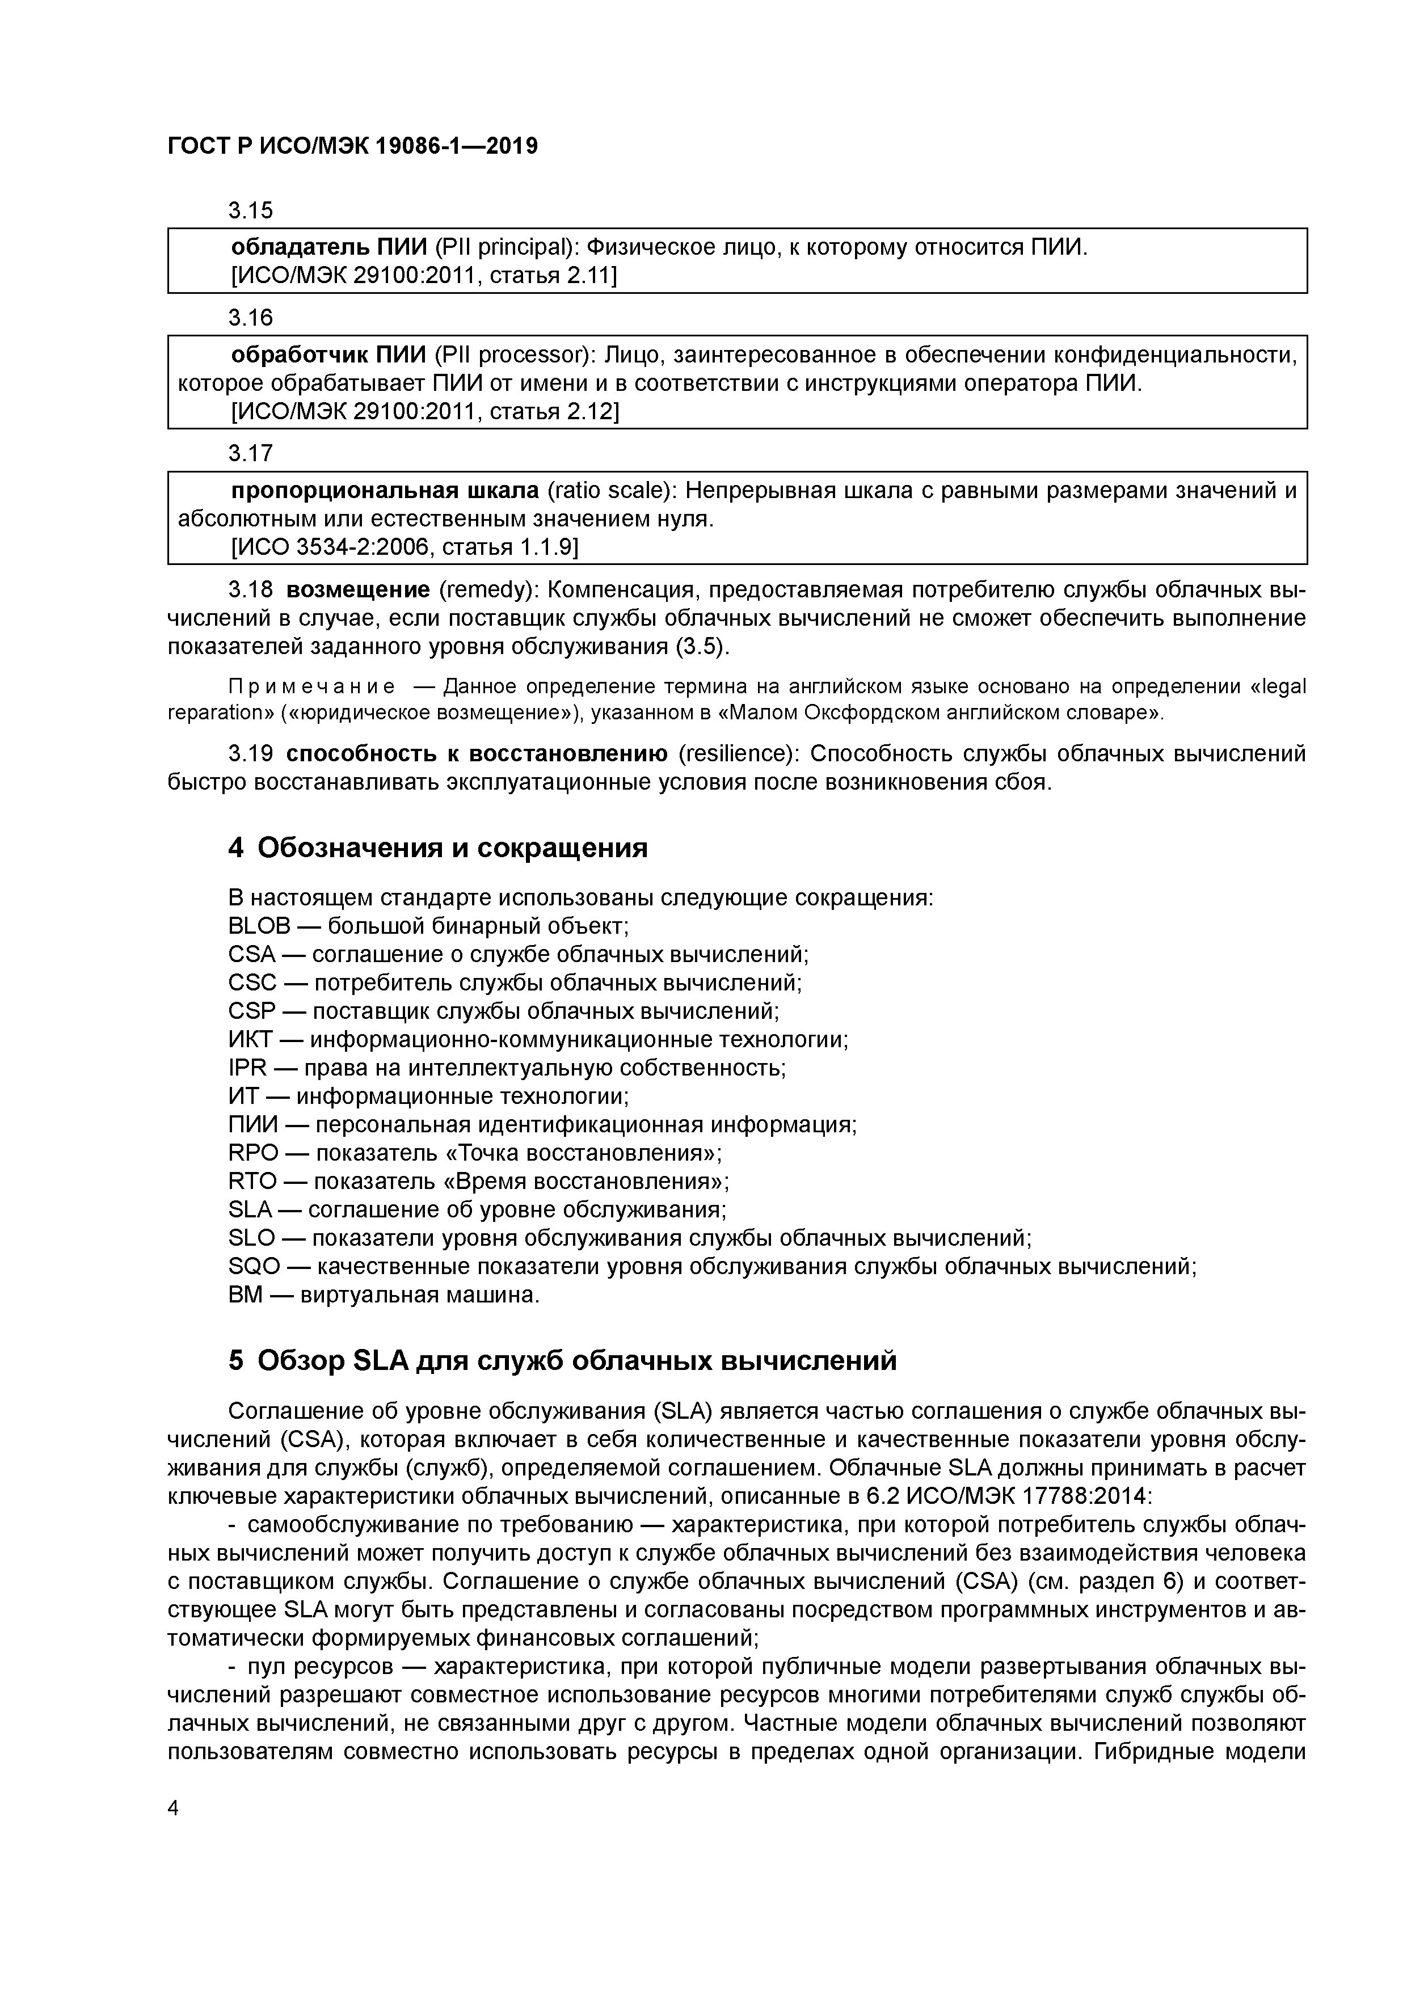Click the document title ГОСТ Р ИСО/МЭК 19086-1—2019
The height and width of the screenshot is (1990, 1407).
tap(352, 146)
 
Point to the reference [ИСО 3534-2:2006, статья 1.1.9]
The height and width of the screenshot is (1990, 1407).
tap(404, 548)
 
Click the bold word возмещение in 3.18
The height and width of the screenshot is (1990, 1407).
tap(357, 590)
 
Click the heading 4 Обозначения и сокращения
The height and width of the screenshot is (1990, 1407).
tap(438, 848)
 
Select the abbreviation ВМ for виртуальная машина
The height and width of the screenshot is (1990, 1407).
tap(245, 1295)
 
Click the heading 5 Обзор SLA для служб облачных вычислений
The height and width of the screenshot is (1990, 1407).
tap(562, 1361)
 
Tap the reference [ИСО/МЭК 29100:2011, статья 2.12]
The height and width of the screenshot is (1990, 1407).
tap(424, 412)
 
